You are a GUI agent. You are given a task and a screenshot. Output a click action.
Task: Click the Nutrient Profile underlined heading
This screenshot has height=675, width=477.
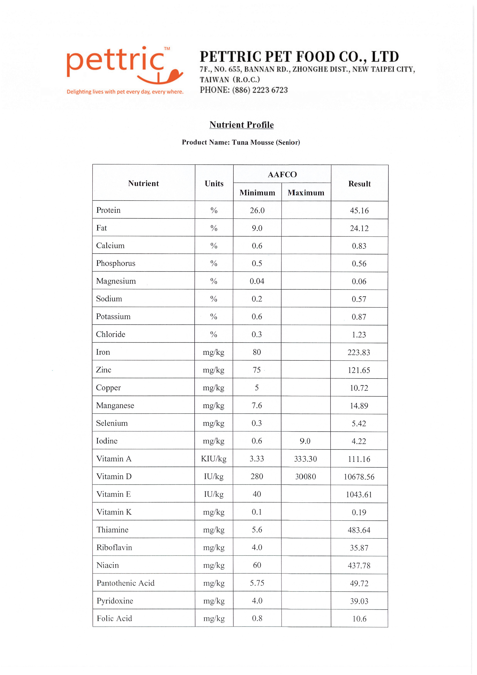tap(241, 125)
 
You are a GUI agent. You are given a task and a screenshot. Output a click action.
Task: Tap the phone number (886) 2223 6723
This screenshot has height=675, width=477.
tap(260, 90)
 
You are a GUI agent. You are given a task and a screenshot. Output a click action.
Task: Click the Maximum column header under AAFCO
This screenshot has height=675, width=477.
tap(306, 193)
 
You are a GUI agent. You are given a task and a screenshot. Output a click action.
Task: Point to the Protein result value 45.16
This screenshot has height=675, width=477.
tap(359, 211)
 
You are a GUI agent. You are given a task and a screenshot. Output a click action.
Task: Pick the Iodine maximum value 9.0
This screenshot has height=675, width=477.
tap(305, 441)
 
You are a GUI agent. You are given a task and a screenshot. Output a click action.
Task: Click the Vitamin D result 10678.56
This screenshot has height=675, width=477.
tap(359, 477)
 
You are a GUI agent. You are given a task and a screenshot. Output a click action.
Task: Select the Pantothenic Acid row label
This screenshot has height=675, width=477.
tap(125, 583)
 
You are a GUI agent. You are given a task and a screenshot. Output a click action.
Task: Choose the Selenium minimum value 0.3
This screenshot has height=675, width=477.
tap(257, 423)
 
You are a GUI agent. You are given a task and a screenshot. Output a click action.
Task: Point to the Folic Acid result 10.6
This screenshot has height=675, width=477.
tap(359, 619)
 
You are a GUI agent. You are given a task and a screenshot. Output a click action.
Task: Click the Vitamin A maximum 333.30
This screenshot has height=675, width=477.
tap(305, 459)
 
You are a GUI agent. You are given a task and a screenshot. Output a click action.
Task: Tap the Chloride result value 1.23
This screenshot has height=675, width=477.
tap(359, 335)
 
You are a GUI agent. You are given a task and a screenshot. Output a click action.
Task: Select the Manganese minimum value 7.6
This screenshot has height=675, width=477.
tap(257, 405)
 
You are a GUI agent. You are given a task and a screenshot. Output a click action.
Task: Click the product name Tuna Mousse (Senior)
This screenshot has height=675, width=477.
tap(266, 142)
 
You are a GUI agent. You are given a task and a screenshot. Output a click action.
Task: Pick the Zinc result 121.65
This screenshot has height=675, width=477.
tap(359, 370)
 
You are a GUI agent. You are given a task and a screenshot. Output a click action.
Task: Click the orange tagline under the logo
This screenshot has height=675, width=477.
tap(125, 92)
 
